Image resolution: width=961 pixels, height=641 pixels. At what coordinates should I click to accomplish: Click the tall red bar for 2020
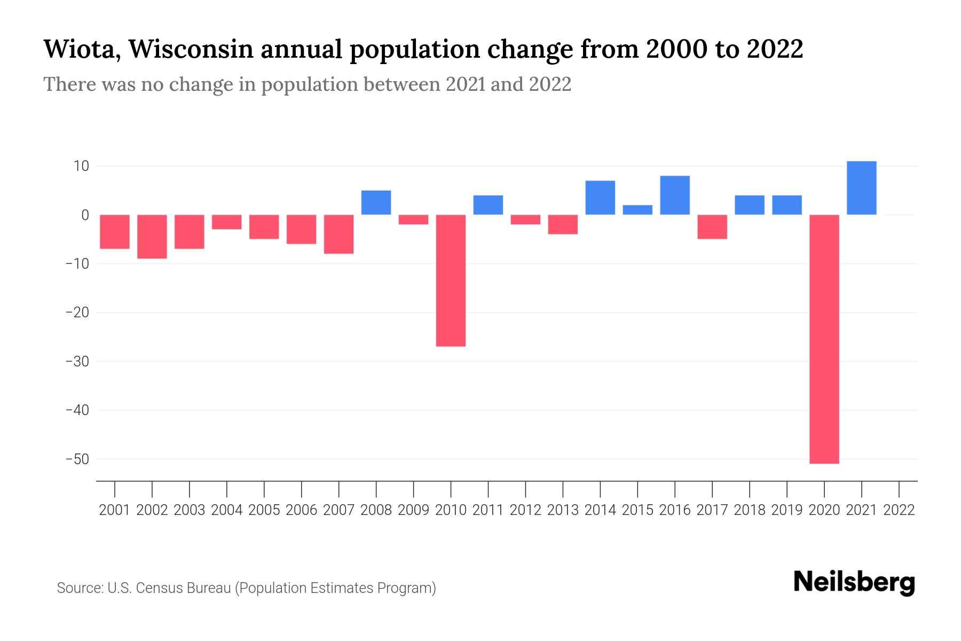pyautogui.click(x=824, y=339)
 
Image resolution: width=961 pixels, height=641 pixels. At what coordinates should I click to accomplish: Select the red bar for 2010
pyautogui.click(x=451, y=280)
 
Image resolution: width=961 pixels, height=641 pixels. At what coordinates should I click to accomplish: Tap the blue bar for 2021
pyautogui.click(x=861, y=188)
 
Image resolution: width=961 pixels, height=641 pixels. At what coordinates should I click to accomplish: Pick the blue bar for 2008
pyautogui.click(x=376, y=202)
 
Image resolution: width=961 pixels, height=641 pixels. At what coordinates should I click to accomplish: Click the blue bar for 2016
pyautogui.click(x=675, y=196)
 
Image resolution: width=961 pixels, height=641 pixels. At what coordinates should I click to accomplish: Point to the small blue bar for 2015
pyautogui.click(x=637, y=210)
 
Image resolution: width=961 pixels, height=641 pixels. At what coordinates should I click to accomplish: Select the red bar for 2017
pyautogui.click(x=712, y=226)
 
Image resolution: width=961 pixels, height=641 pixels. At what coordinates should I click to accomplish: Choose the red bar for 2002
pyautogui.click(x=152, y=237)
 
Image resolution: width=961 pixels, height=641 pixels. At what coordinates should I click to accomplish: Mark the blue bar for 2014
pyautogui.click(x=600, y=198)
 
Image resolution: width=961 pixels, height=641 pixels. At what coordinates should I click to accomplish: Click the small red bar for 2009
pyautogui.click(x=413, y=220)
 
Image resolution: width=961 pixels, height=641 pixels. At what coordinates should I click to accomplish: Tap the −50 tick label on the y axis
pyautogui.click(x=77, y=459)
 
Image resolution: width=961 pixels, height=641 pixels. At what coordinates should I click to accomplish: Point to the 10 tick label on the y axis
pyautogui.click(x=81, y=166)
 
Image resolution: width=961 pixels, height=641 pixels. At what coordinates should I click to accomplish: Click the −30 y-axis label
pyautogui.click(x=77, y=361)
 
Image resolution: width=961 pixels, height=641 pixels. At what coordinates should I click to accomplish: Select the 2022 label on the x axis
pyautogui.click(x=899, y=510)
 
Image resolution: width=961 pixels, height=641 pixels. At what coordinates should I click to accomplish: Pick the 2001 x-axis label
pyautogui.click(x=115, y=510)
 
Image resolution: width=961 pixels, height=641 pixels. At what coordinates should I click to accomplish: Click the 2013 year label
pyautogui.click(x=563, y=510)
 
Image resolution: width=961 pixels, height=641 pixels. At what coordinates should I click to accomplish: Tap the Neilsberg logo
pyautogui.click(x=854, y=583)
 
